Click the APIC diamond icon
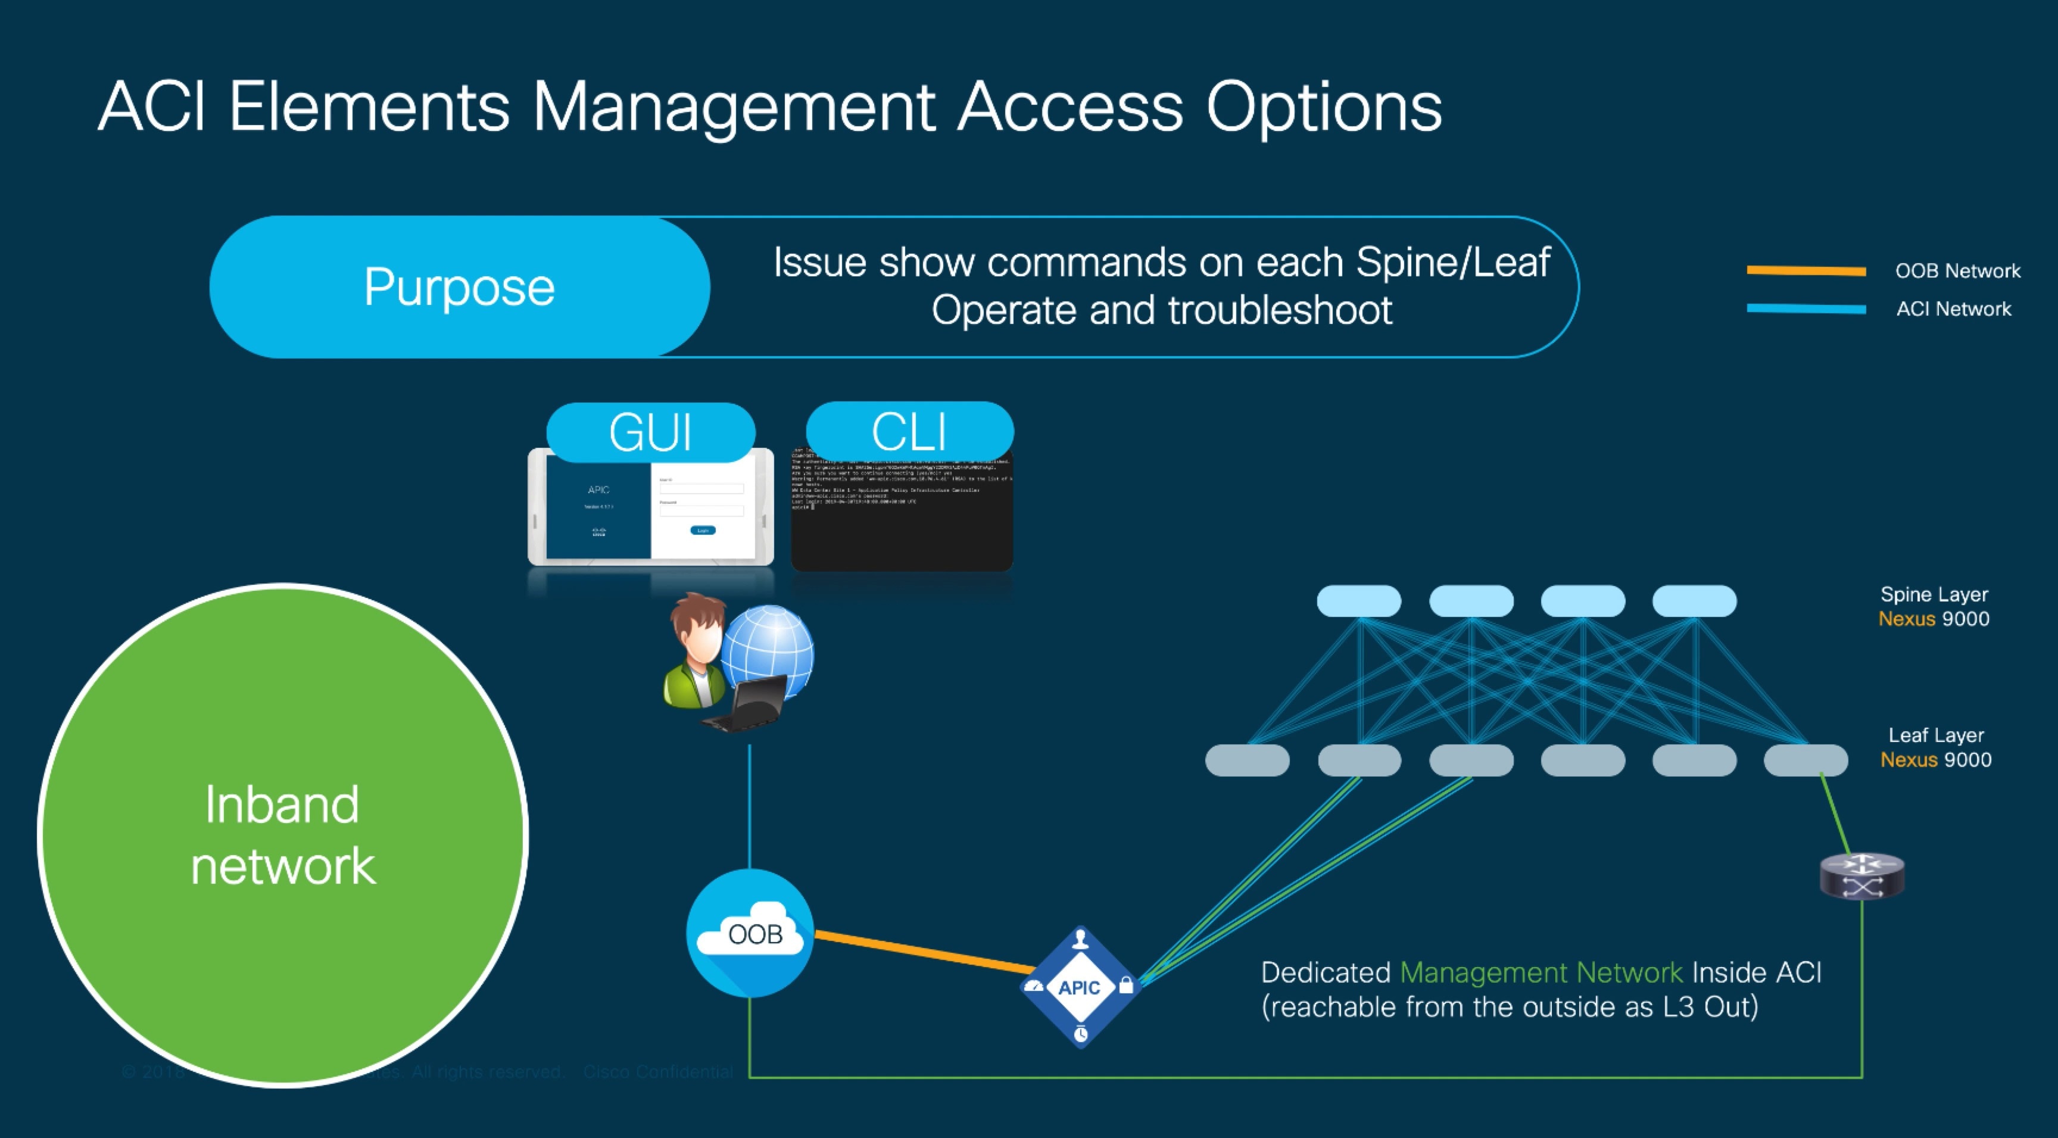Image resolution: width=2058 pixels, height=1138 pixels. tap(1080, 987)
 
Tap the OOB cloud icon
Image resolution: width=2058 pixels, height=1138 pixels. tap(749, 933)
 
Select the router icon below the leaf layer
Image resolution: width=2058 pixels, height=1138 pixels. tap(1861, 876)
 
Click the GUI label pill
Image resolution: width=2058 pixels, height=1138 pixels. tap(650, 432)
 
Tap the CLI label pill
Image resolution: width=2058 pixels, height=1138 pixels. tap(909, 432)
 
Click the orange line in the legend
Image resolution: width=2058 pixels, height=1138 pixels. tap(1806, 271)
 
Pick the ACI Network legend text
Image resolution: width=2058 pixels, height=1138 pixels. tap(1953, 309)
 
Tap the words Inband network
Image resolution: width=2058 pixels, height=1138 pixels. tap(282, 835)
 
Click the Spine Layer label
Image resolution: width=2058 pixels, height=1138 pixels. tap(1934, 594)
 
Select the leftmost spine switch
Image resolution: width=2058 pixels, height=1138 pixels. tap(1358, 601)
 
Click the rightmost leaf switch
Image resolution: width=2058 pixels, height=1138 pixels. tap(1806, 760)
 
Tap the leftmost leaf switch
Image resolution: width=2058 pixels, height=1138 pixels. tap(1246, 760)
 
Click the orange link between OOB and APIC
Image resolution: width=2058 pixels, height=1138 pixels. tap(923, 950)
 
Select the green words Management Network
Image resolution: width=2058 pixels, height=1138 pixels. tap(1541, 972)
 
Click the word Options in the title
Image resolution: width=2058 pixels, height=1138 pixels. tap(1323, 108)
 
